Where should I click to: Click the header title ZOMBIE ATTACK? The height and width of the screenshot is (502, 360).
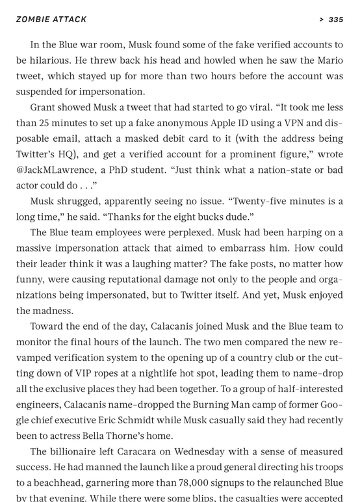51,20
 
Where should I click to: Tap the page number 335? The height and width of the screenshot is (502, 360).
335,20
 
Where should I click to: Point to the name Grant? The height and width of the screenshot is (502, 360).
44,107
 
